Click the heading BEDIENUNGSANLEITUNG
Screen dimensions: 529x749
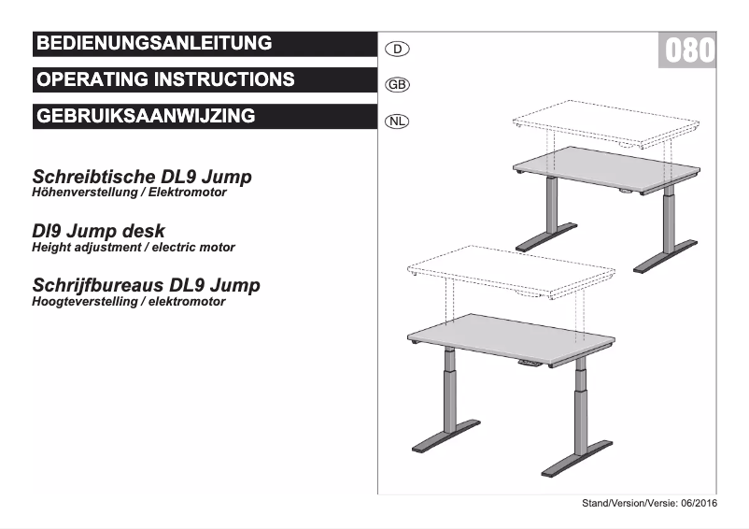pos(153,43)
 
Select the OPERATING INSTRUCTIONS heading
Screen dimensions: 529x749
pos(165,79)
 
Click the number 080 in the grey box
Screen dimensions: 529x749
pos(687,50)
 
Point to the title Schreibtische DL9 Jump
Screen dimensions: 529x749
pos(142,176)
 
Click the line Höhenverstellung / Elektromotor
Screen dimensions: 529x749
pos(130,193)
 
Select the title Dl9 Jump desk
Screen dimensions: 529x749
pos(99,231)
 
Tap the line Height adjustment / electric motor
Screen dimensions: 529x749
pos(134,248)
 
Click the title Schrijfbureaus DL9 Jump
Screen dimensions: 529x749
pos(146,285)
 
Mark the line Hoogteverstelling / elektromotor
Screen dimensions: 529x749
pos(128,302)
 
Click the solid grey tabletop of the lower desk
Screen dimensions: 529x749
pos(509,338)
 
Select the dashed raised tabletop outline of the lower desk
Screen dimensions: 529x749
pos(509,271)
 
